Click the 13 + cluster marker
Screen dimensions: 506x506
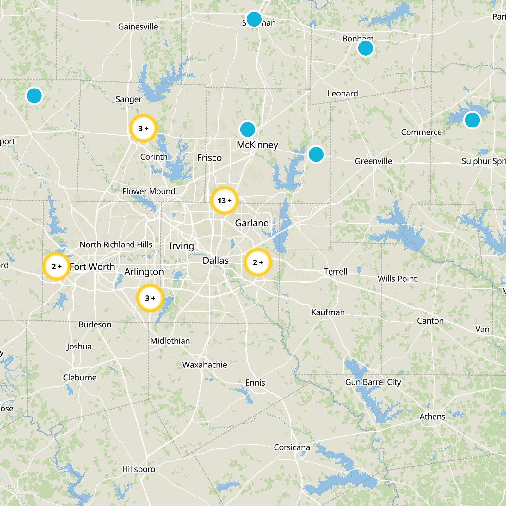click(224, 201)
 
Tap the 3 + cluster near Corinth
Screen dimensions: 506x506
click(144, 128)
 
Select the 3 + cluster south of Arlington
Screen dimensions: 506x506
click(150, 298)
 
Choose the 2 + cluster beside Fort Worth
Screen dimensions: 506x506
click(56, 267)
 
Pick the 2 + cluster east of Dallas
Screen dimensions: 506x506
click(258, 262)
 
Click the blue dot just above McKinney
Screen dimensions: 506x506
click(248, 129)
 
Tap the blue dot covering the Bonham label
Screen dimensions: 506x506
click(365, 48)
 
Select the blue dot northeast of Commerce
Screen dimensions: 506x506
click(472, 120)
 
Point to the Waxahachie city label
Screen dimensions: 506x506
click(205, 365)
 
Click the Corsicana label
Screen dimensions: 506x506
click(292, 447)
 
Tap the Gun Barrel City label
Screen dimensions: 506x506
click(373, 382)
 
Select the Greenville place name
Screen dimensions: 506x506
click(373, 161)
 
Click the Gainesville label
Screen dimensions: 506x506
click(138, 27)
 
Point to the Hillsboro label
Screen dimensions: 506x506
click(139, 469)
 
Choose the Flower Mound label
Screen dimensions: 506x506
click(149, 191)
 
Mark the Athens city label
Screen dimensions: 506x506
click(432, 417)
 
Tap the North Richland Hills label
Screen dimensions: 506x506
click(116, 245)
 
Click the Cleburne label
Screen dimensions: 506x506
click(80, 378)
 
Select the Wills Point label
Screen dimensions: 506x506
click(397, 279)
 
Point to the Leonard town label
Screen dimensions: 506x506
click(342, 94)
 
